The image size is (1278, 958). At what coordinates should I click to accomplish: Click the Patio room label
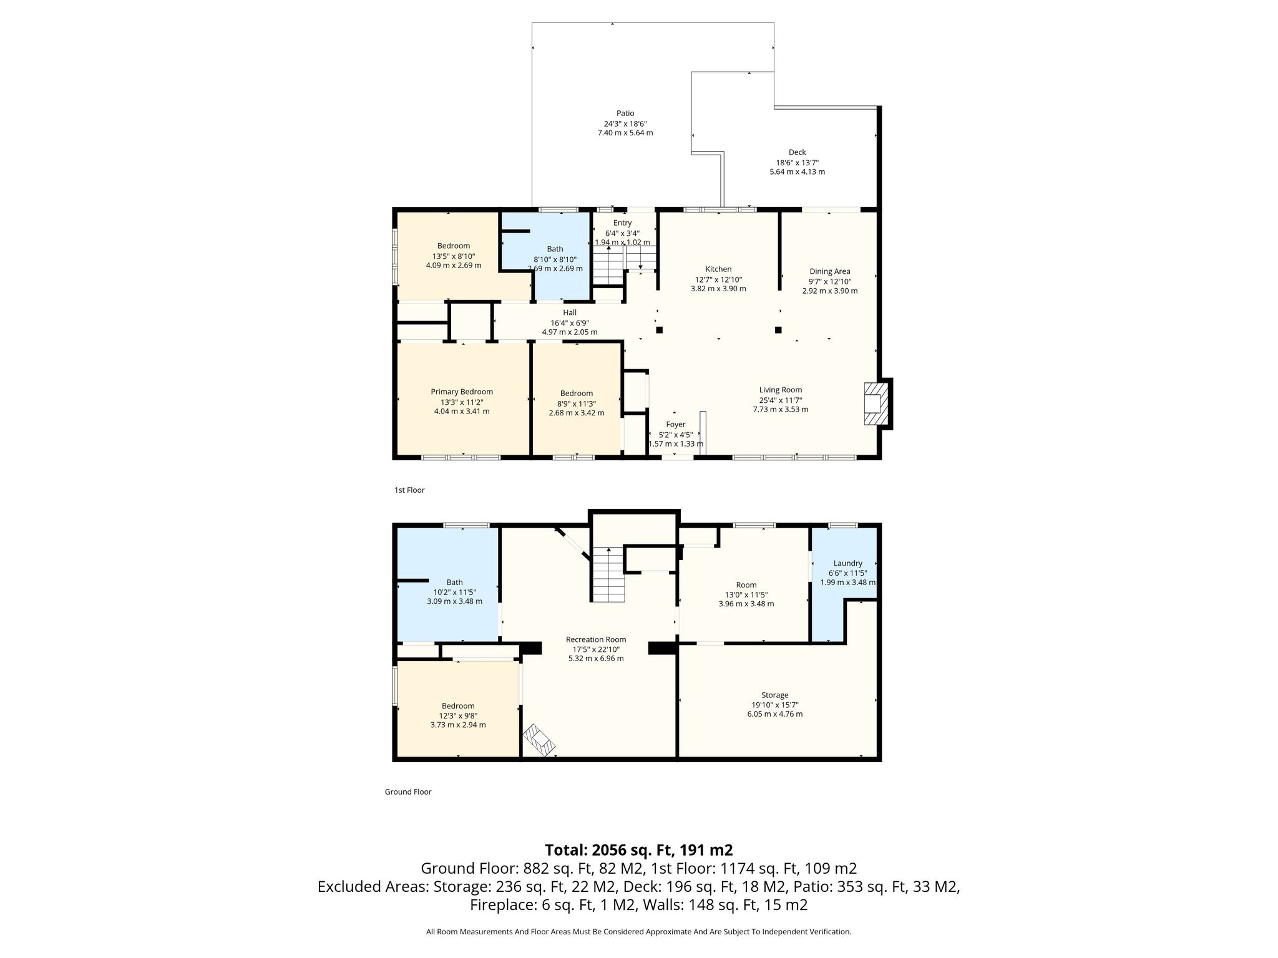pyautogui.click(x=625, y=114)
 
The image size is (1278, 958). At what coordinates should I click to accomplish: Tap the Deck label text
pyautogui.click(x=797, y=152)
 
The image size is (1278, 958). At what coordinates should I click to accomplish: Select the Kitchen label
pyautogui.click(x=718, y=269)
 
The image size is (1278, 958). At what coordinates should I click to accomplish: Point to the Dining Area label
pyautogui.click(x=830, y=271)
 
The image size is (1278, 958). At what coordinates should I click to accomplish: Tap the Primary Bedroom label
pyautogui.click(x=462, y=392)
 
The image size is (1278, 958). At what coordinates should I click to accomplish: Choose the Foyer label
pyautogui.click(x=676, y=424)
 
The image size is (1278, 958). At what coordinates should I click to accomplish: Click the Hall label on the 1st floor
pyautogui.click(x=570, y=312)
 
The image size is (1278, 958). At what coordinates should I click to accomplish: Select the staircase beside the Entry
pyautogui.click(x=608, y=265)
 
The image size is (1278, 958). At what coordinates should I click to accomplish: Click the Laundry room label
pyautogui.click(x=847, y=563)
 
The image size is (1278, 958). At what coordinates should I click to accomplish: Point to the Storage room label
pyautogui.click(x=775, y=695)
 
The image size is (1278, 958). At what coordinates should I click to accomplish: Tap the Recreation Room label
pyautogui.click(x=596, y=639)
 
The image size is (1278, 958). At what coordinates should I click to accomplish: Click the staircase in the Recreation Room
pyautogui.click(x=608, y=574)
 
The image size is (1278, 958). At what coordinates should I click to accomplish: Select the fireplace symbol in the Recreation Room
pyautogui.click(x=539, y=740)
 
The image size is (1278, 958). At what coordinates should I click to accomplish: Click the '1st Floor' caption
pyautogui.click(x=409, y=490)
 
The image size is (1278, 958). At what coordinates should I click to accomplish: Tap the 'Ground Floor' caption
pyautogui.click(x=408, y=792)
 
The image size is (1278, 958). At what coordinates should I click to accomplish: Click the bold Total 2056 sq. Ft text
pyautogui.click(x=638, y=850)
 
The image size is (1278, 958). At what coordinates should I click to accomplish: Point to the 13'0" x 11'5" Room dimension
pyautogui.click(x=746, y=594)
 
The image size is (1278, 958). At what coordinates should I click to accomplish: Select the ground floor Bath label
pyautogui.click(x=455, y=583)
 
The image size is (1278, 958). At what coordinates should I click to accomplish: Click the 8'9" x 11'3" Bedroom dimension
pyautogui.click(x=577, y=403)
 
